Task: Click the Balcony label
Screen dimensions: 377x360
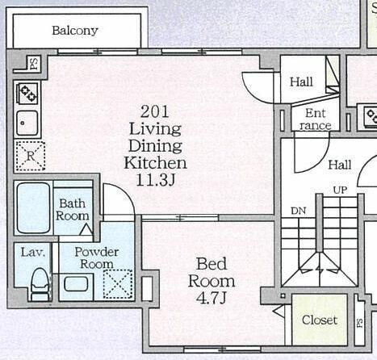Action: (75, 31)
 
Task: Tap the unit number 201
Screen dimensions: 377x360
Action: (155, 111)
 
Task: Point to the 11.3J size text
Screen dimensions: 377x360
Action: (156, 180)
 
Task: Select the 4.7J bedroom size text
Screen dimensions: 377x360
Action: (212, 298)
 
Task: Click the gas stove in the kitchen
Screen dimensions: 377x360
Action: (27, 93)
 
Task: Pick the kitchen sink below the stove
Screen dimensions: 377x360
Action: (27, 123)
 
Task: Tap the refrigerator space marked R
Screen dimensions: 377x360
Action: (30, 156)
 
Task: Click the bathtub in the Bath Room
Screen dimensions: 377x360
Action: (33, 208)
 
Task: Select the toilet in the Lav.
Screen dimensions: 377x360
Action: (41, 284)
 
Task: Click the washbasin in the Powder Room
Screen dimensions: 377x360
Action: (76, 284)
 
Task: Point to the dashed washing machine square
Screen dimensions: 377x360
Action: (118, 284)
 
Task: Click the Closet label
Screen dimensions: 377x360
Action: (320, 320)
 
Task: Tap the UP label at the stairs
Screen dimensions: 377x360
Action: (340, 190)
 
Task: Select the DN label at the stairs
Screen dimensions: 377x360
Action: (299, 211)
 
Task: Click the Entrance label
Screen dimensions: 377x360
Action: (316, 119)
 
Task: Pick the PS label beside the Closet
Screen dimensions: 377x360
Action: (360, 323)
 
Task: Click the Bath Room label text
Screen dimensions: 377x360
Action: (72, 210)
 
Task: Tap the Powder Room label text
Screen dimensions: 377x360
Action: (97, 258)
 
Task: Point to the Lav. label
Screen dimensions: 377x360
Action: (32, 253)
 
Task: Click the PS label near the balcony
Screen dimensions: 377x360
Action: (35, 64)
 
